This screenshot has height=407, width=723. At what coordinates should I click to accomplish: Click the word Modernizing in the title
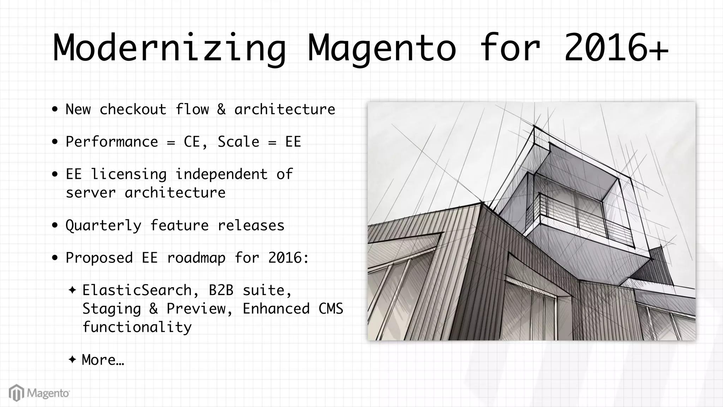point(169,49)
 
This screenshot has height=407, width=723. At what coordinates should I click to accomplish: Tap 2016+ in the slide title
point(616,49)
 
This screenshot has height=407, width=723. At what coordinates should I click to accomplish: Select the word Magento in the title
point(382,49)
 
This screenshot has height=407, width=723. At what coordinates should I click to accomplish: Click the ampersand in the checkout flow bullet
point(221,110)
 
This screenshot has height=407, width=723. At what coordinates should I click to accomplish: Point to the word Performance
point(112,142)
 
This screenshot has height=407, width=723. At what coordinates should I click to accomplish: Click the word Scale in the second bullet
point(238,142)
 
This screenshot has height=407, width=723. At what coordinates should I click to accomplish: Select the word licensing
point(129,175)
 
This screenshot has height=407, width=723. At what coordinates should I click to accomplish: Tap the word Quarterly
point(103,225)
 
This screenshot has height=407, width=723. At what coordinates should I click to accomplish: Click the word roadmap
point(196,258)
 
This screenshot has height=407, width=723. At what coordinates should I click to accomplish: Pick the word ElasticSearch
point(137,290)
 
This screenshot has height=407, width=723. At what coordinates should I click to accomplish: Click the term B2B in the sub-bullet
point(221,290)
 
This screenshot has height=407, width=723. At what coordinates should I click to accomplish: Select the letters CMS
point(331,309)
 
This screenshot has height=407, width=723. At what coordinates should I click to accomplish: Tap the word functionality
point(137,327)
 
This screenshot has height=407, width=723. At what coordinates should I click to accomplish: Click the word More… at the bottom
point(103,360)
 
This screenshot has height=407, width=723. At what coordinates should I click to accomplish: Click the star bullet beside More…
point(72,360)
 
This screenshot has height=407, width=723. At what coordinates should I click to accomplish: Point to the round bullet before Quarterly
point(55,225)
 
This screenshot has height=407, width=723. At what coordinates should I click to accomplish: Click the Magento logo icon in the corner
point(16,393)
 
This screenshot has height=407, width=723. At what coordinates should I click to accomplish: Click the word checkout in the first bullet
point(133,110)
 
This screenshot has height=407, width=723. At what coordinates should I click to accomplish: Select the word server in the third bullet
point(91,193)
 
